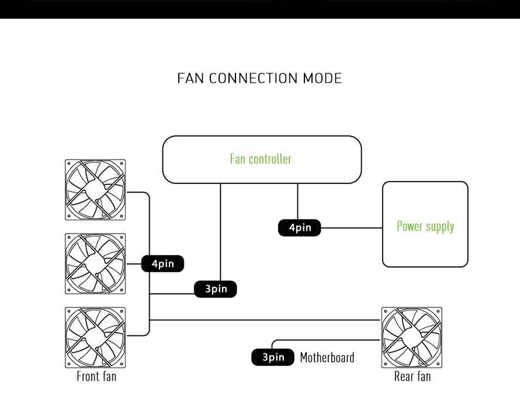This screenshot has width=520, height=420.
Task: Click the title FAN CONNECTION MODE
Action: click(x=259, y=78)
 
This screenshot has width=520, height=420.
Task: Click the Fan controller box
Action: click(x=262, y=159)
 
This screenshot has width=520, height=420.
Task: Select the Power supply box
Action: click(x=425, y=224)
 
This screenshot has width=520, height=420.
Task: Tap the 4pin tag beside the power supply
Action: click(x=299, y=228)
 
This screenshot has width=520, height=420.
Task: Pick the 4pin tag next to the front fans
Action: click(x=162, y=264)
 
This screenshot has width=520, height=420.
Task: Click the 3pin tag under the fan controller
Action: click(x=216, y=289)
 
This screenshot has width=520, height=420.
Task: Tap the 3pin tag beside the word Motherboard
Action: click(x=273, y=357)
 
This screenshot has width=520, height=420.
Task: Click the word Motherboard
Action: click(x=327, y=357)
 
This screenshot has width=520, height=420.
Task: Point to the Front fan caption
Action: click(x=96, y=376)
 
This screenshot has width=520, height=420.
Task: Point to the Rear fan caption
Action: click(x=412, y=376)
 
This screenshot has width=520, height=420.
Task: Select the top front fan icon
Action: click(x=96, y=190)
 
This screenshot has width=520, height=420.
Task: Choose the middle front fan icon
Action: click(x=96, y=263)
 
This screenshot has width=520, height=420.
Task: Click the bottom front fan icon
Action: click(x=96, y=338)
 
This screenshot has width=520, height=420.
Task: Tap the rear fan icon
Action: click(x=411, y=338)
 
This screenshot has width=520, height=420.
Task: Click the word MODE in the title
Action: click(x=322, y=78)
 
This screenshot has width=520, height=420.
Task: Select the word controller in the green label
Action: click(x=270, y=159)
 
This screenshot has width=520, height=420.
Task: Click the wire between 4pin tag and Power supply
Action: click(x=351, y=228)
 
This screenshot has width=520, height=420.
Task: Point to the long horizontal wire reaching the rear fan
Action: click(x=263, y=320)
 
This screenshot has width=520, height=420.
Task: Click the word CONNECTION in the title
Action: click(x=253, y=78)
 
